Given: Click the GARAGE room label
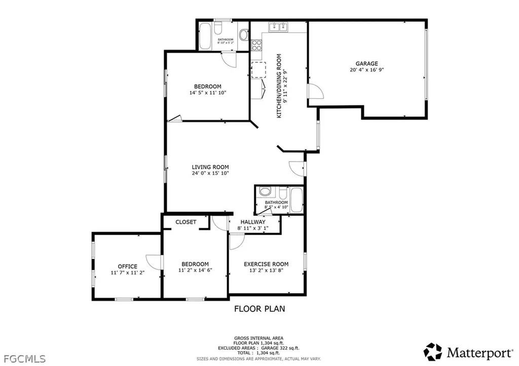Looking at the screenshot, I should [366, 63].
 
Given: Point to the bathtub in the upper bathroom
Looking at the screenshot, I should [207, 36].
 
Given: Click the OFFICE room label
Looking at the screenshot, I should [127, 266].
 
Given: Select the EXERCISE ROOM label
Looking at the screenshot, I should [266, 264].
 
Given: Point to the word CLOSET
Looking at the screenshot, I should [186, 222].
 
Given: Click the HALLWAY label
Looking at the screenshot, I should [253, 222].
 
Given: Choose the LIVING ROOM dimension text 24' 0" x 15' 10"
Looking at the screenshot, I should [210, 173].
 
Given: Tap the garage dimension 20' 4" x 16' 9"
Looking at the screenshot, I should [366, 70].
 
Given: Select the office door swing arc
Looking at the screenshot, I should [153, 261].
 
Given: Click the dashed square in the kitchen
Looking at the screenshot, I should [258, 69].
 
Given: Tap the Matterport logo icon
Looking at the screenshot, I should [433, 351].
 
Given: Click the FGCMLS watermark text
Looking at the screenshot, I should [23, 359].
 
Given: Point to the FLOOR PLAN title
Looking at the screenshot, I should [259, 308].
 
